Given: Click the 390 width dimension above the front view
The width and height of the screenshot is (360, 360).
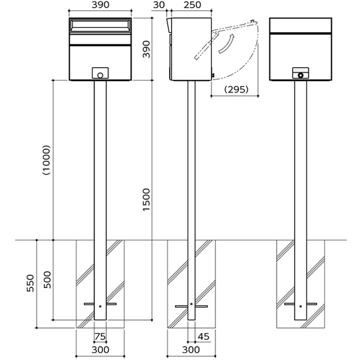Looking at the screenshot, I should coord(100,5).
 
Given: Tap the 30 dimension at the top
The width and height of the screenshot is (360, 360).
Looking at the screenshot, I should coord(159,5).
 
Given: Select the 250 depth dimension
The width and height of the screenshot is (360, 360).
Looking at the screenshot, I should coord(191,5).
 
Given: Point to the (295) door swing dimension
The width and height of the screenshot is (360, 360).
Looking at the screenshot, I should coord(237,89).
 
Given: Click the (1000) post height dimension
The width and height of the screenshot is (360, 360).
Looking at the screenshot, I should coord(47,161).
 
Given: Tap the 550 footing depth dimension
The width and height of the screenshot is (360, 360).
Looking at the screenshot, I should coord(31,283).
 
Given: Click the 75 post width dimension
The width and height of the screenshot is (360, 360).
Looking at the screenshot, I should coord(100,337).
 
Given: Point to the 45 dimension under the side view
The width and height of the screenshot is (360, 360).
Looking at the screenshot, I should coord(204,337).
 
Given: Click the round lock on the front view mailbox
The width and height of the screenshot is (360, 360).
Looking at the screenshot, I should coord(100,75).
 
